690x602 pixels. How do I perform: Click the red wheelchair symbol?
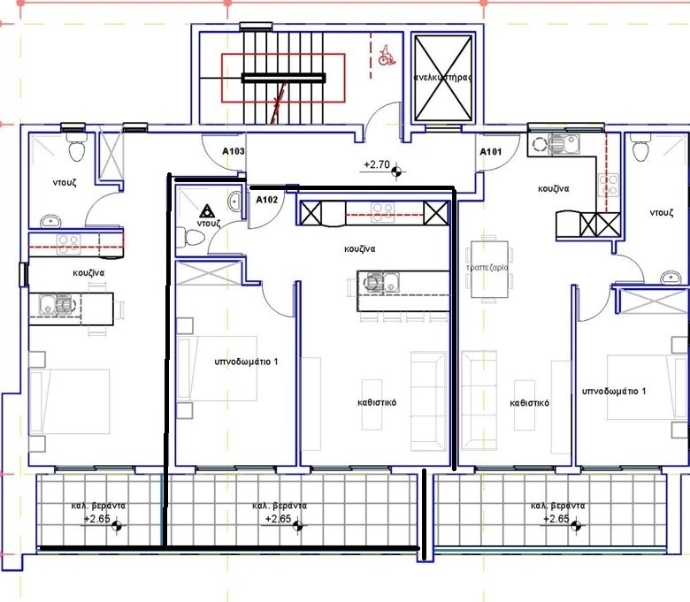click(387, 55)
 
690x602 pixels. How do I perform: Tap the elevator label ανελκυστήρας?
click(443, 78)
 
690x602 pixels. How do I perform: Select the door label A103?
click(234, 151)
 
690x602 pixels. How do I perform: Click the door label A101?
click(491, 152)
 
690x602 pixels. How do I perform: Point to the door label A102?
click(267, 200)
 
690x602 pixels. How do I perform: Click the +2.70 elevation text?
click(377, 164)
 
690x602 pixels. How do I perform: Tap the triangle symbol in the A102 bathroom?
click(206, 211)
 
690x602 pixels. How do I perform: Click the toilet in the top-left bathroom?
click(76, 148)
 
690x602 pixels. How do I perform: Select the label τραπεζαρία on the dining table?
click(487, 267)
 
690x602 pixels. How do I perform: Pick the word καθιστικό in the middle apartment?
click(377, 402)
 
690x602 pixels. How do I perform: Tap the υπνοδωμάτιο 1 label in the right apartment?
click(614, 391)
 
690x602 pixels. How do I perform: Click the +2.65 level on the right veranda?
click(556, 519)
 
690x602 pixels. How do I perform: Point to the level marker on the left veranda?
click(117, 525)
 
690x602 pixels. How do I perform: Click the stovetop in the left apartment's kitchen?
click(69, 244)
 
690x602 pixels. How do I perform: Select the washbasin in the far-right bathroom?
click(671, 278)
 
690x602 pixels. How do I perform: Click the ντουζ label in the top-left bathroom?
click(65, 182)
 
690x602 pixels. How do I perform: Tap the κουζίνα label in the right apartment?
click(554, 188)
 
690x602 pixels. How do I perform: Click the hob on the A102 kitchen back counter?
click(382, 211)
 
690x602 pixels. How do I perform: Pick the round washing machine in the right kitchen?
click(540, 144)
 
